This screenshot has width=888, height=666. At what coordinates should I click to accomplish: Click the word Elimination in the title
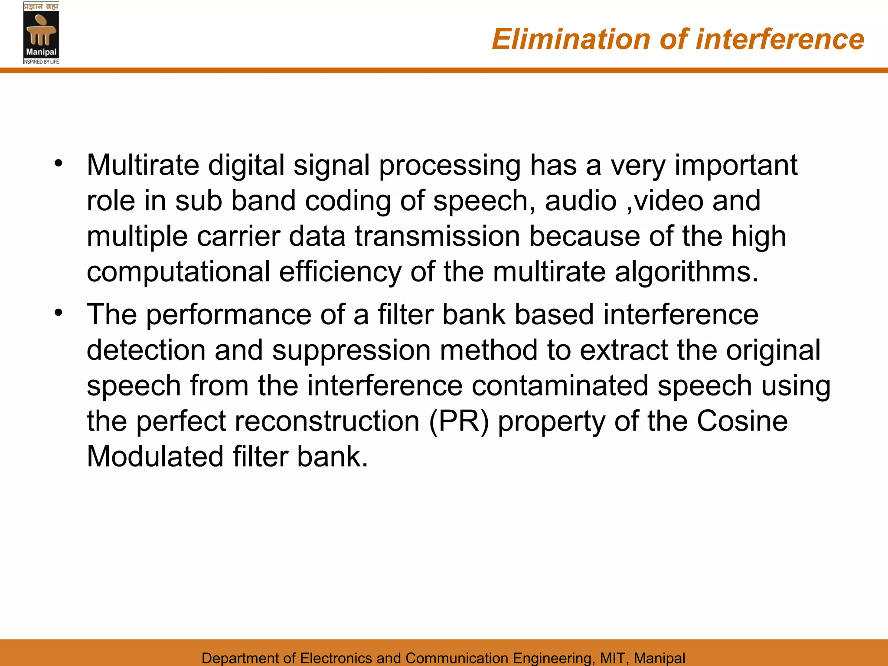(571, 39)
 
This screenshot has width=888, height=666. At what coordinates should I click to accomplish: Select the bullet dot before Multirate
(59, 164)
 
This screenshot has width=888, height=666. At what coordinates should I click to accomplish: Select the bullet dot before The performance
(59, 313)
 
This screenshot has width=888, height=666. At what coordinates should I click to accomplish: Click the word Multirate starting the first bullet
(143, 165)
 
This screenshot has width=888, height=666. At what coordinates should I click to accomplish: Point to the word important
(736, 166)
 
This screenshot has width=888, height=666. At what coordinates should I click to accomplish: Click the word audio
(580, 201)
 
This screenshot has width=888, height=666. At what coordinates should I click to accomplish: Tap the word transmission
(437, 236)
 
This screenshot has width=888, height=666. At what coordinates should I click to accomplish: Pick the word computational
(178, 272)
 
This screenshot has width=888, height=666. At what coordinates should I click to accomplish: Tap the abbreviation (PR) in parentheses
(459, 421)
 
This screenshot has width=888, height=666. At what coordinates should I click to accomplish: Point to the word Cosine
(742, 421)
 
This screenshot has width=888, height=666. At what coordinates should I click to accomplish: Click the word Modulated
(155, 457)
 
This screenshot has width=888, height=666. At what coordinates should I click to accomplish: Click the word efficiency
(340, 272)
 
